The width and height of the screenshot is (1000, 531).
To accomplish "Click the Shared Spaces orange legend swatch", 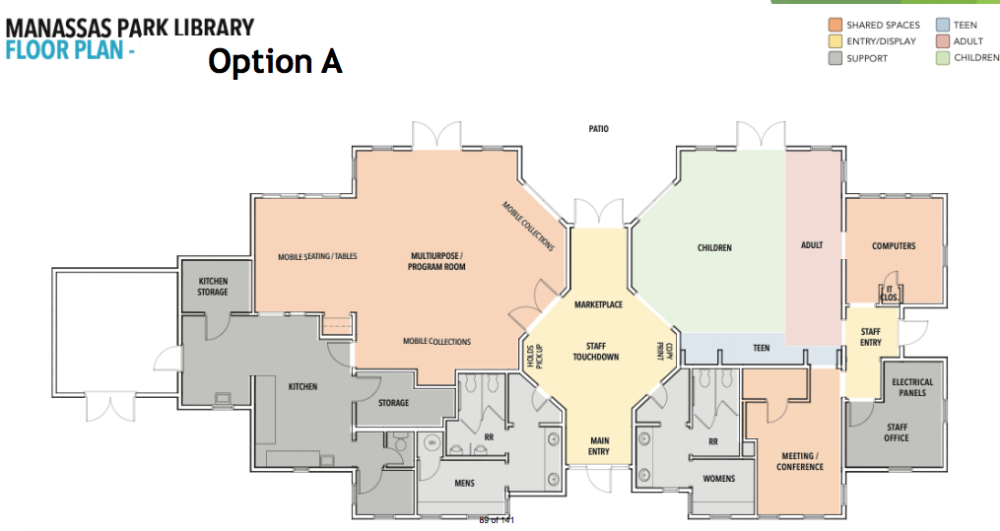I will click(x=834, y=25).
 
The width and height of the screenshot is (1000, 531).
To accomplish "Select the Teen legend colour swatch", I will click(x=943, y=25).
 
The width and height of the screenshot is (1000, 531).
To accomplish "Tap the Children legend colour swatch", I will click(x=943, y=58).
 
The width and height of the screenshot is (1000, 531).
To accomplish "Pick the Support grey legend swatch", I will click(x=834, y=58).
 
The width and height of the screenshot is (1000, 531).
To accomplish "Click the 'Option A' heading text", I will click(x=275, y=61).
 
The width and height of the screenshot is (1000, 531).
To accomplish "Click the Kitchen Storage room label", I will click(x=213, y=287).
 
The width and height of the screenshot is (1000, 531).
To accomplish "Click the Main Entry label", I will click(x=599, y=445).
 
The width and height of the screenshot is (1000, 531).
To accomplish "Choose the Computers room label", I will click(x=894, y=246).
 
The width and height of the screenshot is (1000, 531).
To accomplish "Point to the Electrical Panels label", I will click(x=911, y=387).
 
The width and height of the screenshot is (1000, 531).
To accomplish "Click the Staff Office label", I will click(x=897, y=432).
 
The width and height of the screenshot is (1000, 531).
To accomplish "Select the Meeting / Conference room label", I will click(x=798, y=461).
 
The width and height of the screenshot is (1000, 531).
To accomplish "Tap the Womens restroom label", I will click(x=718, y=479).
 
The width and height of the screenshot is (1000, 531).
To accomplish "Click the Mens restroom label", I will click(x=465, y=484).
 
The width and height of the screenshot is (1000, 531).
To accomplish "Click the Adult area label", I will click(x=812, y=245).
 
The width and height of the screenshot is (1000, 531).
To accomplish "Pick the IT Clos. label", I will click(x=890, y=294).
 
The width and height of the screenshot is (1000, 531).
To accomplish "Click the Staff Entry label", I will click(x=871, y=337).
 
